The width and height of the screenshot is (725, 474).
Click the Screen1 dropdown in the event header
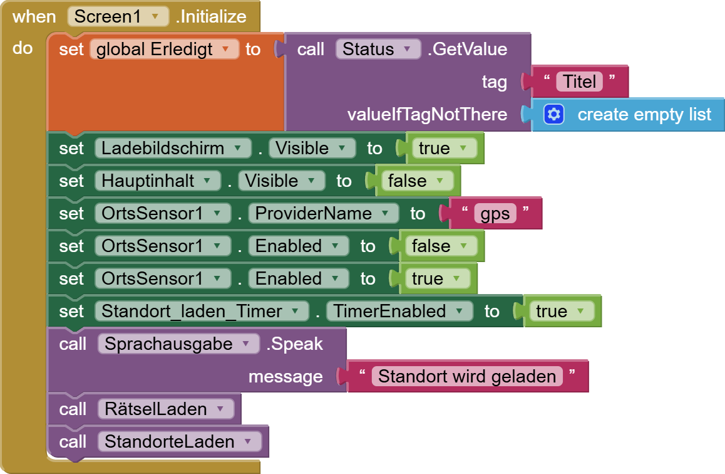(x=118, y=17)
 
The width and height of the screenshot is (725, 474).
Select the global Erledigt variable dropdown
(x=164, y=49)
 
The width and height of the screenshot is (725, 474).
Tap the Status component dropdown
(x=378, y=49)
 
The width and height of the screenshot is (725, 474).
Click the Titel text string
(x=579, y=82)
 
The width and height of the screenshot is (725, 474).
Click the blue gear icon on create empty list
(x=554, y=114)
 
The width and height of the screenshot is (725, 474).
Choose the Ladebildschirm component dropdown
(x=173, y=148)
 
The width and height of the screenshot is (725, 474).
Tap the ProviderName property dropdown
(x=323, y=213)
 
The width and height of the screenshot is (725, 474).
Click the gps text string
(x=495, y=213)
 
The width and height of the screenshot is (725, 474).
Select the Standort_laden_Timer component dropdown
(x=202, y=311)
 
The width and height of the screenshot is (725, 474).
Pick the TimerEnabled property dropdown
(x=399, y=311)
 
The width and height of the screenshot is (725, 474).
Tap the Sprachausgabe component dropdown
(x=178, y=344)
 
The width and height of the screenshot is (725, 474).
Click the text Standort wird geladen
(x=467, y=376)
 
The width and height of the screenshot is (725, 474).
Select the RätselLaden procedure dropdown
(x=166, y=409)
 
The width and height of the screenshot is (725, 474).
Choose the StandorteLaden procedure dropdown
(x=180, y=441)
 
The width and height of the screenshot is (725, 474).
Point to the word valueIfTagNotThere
(x=427, y=114)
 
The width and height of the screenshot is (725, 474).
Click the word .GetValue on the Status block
(x=468, y=49)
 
